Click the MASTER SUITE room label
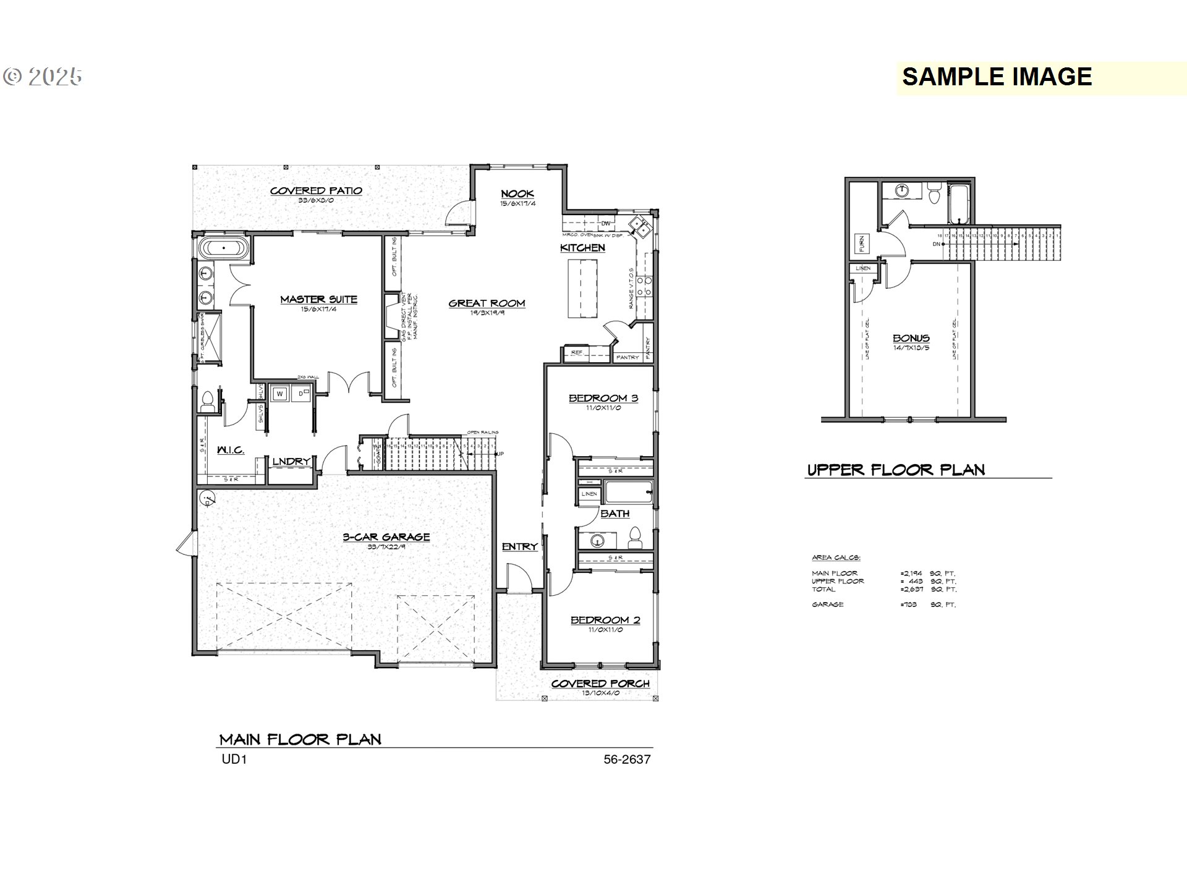[318, 300]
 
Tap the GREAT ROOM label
[487, 303]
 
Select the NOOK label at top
[517, 193]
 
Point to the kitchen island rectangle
[584, 288]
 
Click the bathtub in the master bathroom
[224, 248]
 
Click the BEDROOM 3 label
[603, 398]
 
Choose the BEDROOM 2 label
[605, 620]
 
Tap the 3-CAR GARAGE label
[386, 537]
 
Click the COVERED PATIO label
[316, 190]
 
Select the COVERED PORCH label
[600, 684]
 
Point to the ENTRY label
[519, 546]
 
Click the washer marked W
[280, 393]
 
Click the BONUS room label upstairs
[911, 338]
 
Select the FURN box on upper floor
[861, 244]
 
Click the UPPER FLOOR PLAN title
[896, 470]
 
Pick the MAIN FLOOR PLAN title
[300, 739]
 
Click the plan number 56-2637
[627, 759]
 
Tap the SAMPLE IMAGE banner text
[997, 77]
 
